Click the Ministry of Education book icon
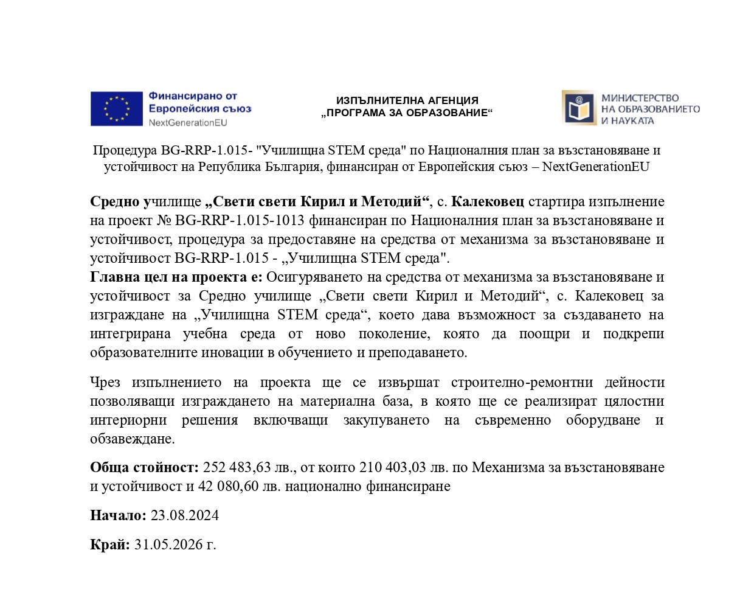578,108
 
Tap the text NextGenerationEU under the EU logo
187,122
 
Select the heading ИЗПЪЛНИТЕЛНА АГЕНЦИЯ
407,100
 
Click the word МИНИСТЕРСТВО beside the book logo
640,98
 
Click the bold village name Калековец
488,201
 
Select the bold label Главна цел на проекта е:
176,277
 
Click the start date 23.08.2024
185,515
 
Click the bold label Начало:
118,515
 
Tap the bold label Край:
110,545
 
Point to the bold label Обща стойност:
144,467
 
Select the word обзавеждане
132,439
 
